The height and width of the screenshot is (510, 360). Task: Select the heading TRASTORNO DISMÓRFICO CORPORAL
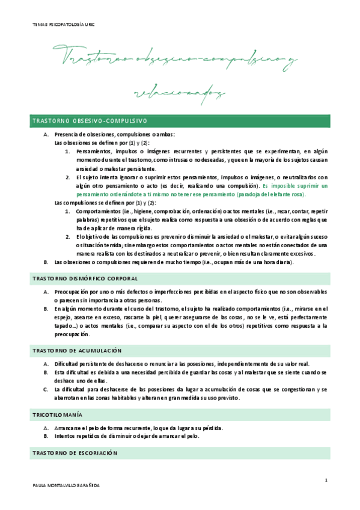click(x=84, y=279)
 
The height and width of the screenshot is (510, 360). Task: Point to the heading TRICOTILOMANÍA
click(x=58, y=415)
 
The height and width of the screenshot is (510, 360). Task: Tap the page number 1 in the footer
click(x=325, y=480)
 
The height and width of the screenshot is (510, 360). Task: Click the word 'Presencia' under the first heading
click(x=66, y=135)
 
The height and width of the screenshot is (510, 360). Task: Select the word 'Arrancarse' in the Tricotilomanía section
click(x=66, y=428)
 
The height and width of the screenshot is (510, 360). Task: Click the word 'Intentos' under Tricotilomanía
click(x=63, y=437)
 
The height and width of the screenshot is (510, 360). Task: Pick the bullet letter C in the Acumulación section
click(x=46, y=389)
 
